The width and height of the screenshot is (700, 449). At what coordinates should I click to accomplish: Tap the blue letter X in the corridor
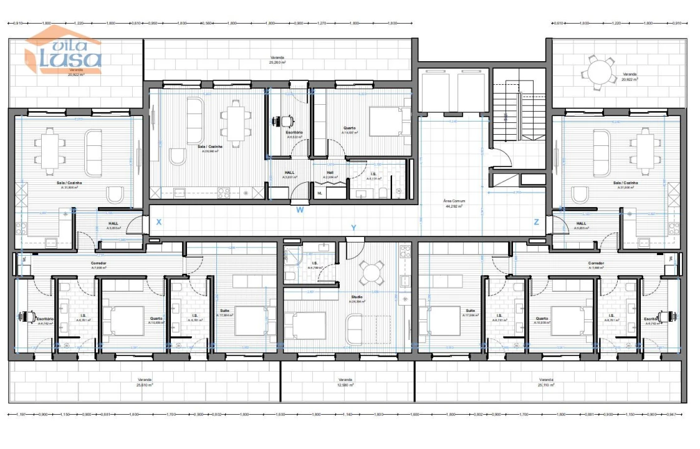(x=159, y=222)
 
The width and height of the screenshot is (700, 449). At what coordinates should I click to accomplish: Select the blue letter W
(x=300, y=210)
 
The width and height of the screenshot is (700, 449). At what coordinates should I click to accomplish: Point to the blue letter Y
(x=353, y=228)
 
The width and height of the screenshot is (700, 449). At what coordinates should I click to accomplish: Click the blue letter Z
(x=536, y=222)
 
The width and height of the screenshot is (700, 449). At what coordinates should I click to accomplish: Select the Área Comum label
(x=454, y=203)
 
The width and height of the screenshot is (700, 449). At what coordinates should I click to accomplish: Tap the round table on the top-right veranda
(x=599, y=72)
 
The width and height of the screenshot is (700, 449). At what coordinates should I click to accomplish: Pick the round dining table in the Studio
(x=372, y=272)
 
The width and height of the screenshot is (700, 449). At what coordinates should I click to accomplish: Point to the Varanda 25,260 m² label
(x=277, y=60)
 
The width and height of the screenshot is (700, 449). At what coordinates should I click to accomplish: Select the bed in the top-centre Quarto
(x=387, y=121)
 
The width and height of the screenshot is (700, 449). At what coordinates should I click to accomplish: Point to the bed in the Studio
(x=305, y=326)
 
